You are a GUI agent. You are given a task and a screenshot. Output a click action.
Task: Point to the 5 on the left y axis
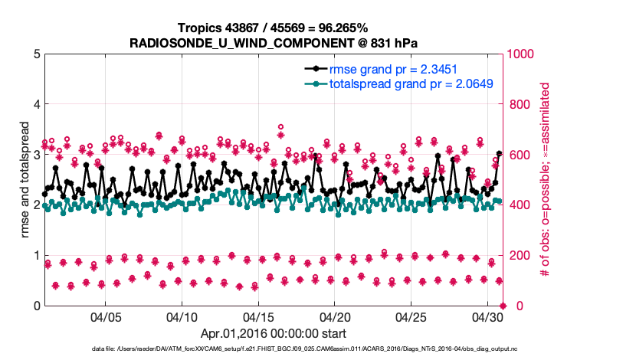(x=38, y=54)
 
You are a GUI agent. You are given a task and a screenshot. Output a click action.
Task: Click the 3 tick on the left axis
(x=38, y=155)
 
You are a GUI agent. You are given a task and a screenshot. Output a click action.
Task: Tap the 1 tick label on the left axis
(x=38, y=255)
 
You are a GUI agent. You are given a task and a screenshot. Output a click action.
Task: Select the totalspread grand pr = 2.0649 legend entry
(x=410, y=83)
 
